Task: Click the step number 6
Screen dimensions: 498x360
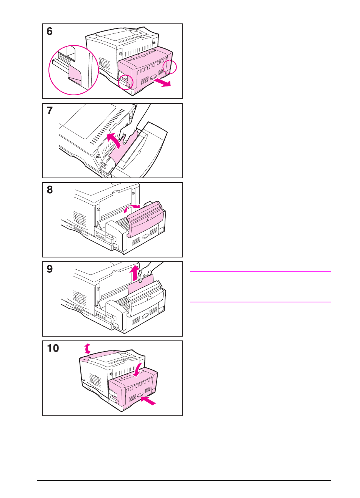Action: point(50,32)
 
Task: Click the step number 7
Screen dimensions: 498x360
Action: point(50,111)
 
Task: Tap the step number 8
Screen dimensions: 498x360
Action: point(50,190)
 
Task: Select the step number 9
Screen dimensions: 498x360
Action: point(50,269)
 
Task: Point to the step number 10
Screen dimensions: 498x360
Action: point(53,349)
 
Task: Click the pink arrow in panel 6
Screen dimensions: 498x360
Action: point(162,82)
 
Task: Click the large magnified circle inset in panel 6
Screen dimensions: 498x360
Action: point(73,70)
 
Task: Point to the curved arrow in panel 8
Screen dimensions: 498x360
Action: point(131,208)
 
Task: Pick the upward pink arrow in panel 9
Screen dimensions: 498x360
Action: point(134,274)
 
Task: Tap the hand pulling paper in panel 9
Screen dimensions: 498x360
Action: point(148,271)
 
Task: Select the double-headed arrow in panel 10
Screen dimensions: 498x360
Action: point(88,349)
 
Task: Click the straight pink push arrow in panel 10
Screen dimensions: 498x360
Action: point(149,400)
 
